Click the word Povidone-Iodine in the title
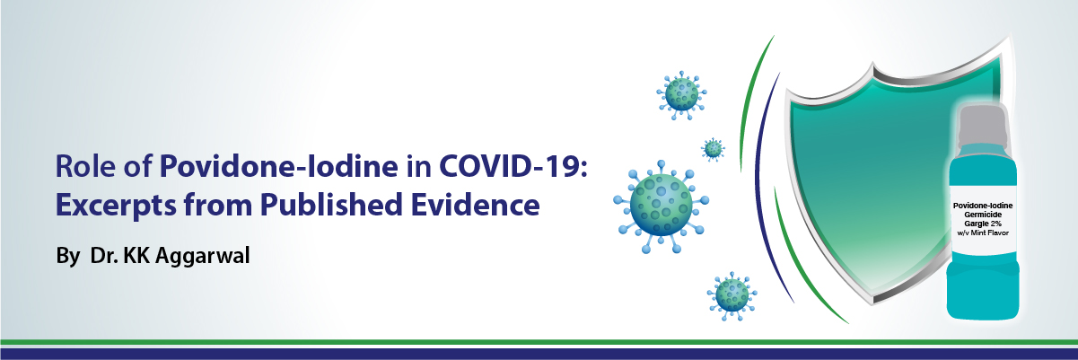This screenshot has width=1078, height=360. (x=278, y=166)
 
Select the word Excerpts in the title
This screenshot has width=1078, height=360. (x=116, y=206)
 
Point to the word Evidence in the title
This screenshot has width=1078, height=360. (x=475, y=205)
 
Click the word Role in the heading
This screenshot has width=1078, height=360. (x=85, y=166)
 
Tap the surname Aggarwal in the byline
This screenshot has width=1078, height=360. (x=203, y=256)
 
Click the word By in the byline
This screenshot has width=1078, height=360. (x=68, y=256)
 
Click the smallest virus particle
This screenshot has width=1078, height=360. (x=713, y=149)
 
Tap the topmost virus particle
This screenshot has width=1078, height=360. (x=681, y=95)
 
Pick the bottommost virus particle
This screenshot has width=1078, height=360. (x=732, y=295)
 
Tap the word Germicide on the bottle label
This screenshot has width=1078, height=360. (x=983, y=215)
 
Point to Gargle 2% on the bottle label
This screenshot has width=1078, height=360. (x=983, y=224)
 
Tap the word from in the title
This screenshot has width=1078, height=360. (x=218, y=205)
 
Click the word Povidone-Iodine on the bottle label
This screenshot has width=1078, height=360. (x=983, y=206)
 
